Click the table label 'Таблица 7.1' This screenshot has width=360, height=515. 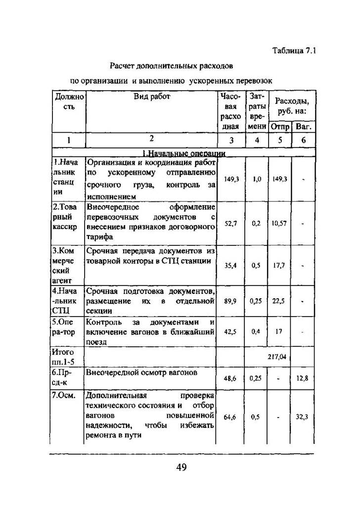[x=294, y=50]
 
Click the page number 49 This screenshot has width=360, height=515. [x=181, y=468]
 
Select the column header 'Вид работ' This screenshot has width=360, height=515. [x=152, y=97]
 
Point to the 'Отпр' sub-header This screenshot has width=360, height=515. [x=279, y=127]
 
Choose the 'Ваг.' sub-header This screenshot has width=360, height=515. [x=303, y=127]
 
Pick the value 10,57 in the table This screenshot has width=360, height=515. [x=279, y=223]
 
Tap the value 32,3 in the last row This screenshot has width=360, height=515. [x=302, y=417]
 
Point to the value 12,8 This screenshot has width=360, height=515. [x=302, y=378]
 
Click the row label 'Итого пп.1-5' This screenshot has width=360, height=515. [x=63, y=356]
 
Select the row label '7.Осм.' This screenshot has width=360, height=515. [x=63, y=396]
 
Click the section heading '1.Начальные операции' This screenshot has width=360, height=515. [x=183, y=153]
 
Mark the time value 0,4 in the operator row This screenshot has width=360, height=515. [x=256, y=331]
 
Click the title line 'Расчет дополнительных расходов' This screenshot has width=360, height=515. [x=171, y=65]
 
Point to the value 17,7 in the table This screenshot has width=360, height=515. [x=279, y=265]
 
